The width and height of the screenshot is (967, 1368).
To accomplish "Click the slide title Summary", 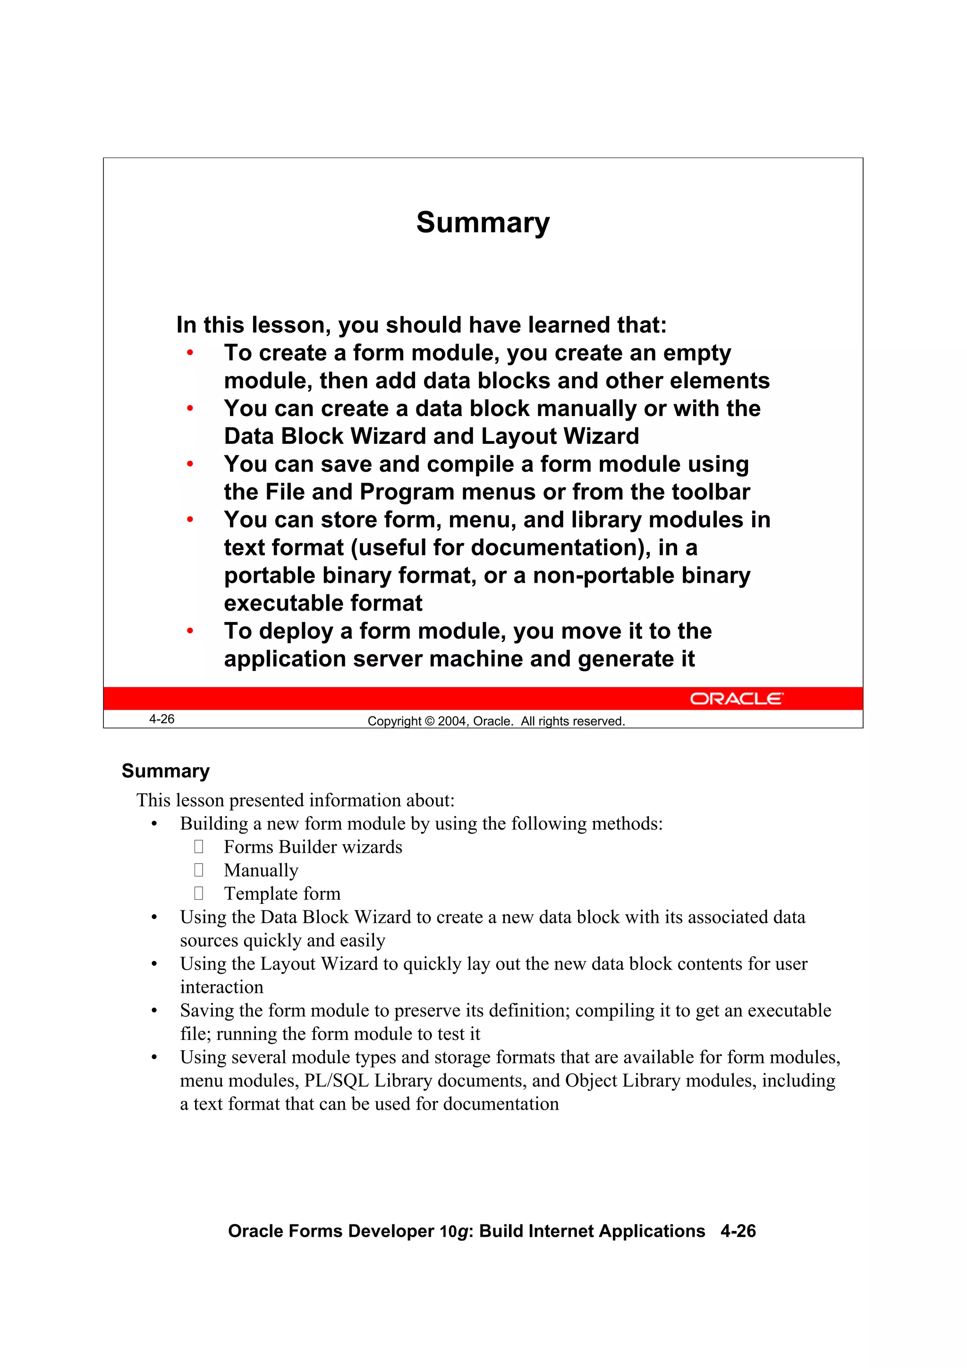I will tap(483, 223).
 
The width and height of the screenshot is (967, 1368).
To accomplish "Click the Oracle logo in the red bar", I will tap(737, 698).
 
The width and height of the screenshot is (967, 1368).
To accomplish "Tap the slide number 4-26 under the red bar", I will tap(161, 719).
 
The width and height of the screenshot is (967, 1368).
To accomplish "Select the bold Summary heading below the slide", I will tap(166, 771).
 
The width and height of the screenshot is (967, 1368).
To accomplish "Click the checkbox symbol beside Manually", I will tap(199, 870).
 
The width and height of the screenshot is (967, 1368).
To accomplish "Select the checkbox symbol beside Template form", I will tap(199, 893).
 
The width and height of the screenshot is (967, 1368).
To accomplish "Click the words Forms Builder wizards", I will tap(313, 847).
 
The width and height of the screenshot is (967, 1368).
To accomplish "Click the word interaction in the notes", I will tap(221, 987).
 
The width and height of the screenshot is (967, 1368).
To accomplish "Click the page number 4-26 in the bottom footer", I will tap(738, 1231).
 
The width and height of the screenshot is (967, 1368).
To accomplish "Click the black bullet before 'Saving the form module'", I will tap(154, 1011).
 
